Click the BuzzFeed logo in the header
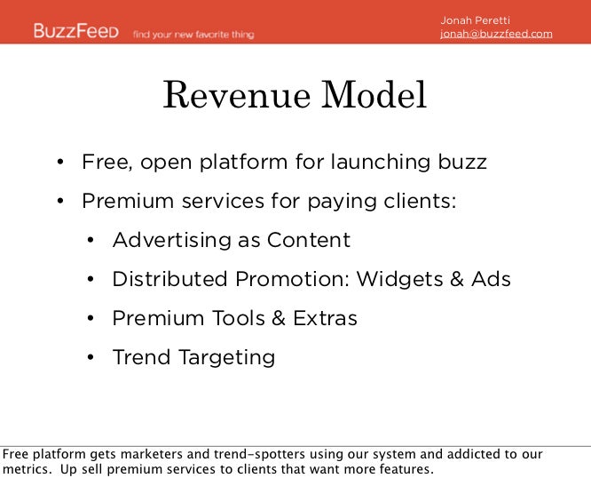click(x=76, y=30)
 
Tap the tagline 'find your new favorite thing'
click(x=193, y=35)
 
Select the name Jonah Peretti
click(x=475, y=20)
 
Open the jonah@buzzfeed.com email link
click(x=496, y=34)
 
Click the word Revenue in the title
click(x=237, y=95)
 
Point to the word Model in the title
click(x=374, y=94)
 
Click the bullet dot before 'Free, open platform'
click(x=60, y=162)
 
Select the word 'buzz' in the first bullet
click(x=462, y=162)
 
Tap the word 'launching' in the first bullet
click(x=381, y=163)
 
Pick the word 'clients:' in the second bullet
click(x=420, y=201)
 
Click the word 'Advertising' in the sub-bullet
click(x=172, y=241)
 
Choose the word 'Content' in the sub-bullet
click(x=309, y=240)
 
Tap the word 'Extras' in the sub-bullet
click(x=325, y=318)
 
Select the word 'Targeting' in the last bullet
click(x=227, y=358)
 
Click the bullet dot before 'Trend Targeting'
click(x=91, y=357)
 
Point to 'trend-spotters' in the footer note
click(x=259, y=454)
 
